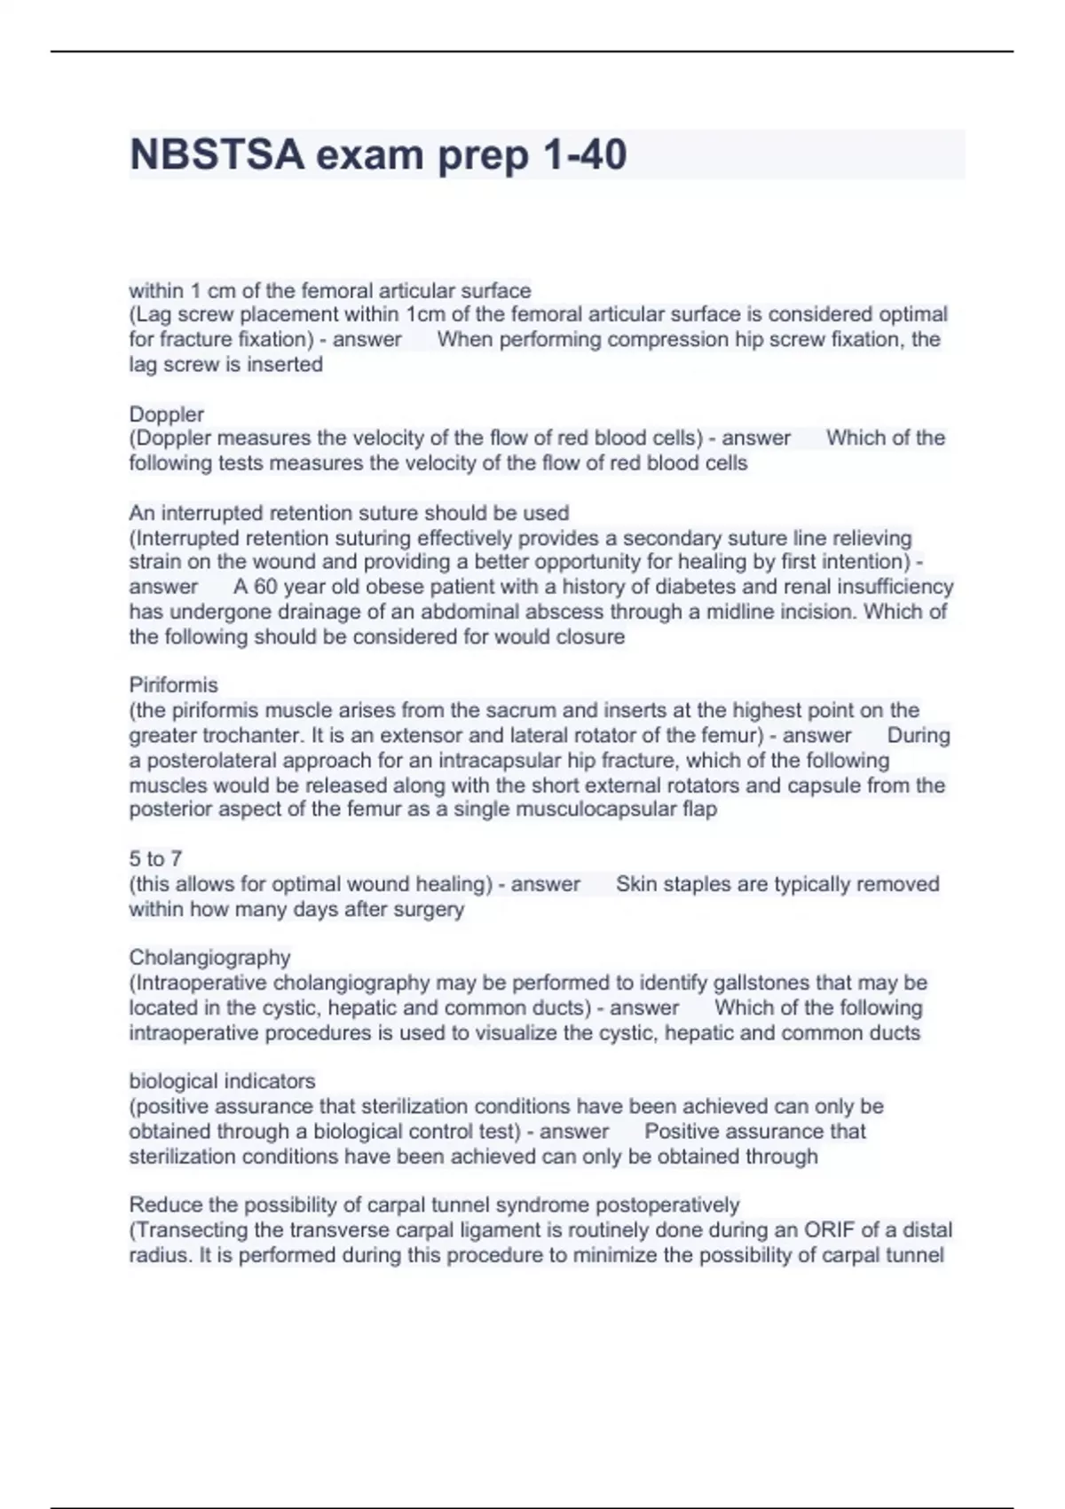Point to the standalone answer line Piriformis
(173, 685)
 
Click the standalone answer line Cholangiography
(209, 958)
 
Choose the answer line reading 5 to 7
(155, 858)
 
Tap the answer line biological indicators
(222, 1081)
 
